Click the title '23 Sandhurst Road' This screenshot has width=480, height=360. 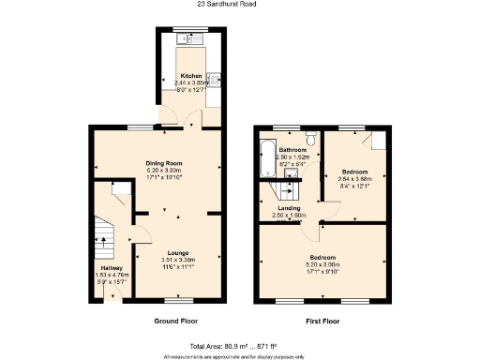point(239,5)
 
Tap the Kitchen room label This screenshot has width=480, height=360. point(191,74)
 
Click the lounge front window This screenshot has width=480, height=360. point(178,301)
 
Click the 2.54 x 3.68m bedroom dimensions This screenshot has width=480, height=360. point(354,179)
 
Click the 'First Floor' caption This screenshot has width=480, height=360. point(322,322)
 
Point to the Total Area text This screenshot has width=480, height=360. point(240,347)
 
